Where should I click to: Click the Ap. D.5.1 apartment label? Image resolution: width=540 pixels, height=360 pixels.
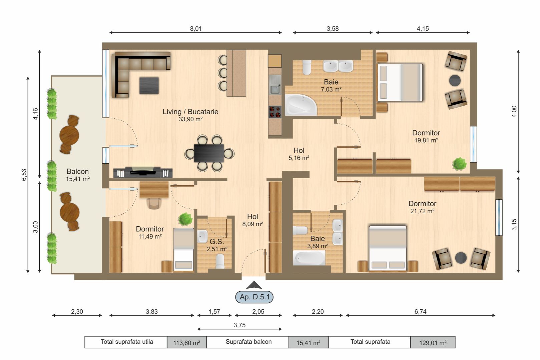coord(254,297)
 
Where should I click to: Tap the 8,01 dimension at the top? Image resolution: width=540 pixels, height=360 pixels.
coord(196,29)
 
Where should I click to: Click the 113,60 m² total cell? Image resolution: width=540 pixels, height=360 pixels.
coord(187,342)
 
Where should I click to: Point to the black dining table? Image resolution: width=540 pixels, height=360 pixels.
coord(209,153)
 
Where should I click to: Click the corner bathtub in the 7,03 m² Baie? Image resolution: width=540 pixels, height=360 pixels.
coord(300,105)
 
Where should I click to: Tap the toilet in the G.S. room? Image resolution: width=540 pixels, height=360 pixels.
coord(220,261)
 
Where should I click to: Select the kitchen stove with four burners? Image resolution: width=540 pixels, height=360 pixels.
coord(275,112)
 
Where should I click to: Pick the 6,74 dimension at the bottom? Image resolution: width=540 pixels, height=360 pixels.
coord(420,312)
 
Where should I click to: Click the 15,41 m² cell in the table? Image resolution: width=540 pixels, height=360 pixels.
coord(308,342)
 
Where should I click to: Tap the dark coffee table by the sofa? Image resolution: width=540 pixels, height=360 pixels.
coord(149,85)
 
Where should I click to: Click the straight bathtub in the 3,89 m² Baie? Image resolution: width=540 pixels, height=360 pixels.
coord(309,258)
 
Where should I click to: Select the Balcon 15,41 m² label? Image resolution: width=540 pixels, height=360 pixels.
coord(78,175)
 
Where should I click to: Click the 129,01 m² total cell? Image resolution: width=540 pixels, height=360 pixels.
coord(433,342)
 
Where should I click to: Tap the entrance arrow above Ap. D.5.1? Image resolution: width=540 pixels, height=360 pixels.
coord(254,285)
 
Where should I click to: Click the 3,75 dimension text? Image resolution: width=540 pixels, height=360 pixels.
coord(239,325)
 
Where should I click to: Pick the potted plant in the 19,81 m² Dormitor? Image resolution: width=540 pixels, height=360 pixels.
coord(459,164)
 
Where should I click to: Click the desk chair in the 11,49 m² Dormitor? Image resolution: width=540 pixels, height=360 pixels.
coord(154,203)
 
